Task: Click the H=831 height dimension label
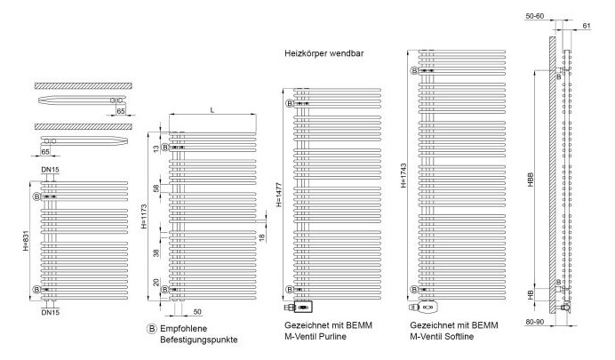pos(26,240)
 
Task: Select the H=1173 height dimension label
pos(144,216)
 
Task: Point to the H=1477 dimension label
pos(278,195)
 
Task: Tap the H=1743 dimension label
pos(403,176)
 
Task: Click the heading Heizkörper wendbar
pos(324,53)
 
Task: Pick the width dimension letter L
pos(212,110)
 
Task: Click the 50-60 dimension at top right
pos(535,16)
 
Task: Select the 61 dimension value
pos(587,26)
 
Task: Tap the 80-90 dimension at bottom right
pos(535,322)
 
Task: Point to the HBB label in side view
pos(531,180)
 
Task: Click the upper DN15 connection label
pos(50,170)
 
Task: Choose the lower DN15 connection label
pos(50,313)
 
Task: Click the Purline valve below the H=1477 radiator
pos(298,306)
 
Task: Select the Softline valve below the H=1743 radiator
pos(424,307)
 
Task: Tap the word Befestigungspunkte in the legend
pos(199,340)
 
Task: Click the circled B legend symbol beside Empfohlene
pos(151,329)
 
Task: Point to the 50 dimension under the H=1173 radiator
pos(197,312)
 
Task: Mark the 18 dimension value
pos(261,237)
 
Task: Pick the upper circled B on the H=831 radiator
pos(36,196)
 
